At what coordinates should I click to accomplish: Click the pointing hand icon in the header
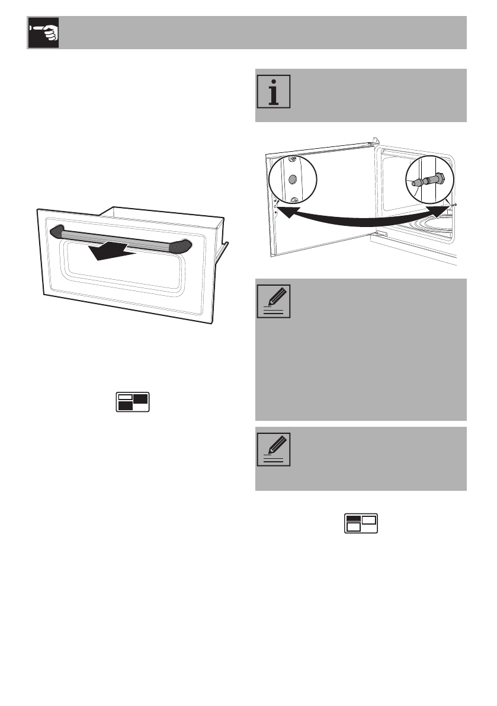click(42, 33)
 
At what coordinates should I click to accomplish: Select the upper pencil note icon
click(274, 300)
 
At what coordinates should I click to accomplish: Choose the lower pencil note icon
click(274, 449)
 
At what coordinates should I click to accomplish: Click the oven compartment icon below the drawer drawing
click(133, 401)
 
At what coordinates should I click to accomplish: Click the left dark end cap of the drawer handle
click(57, 230)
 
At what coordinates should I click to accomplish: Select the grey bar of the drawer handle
click(118, 237)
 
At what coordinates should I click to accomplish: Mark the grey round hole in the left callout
click(291, 180)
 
